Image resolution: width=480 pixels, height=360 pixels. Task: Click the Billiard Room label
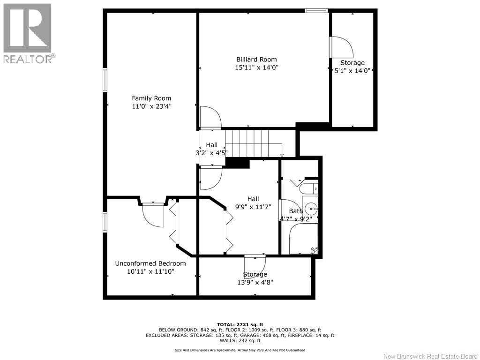pos(256,60)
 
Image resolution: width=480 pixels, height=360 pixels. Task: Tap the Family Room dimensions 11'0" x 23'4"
pos(151,106)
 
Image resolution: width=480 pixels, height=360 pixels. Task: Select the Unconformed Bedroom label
pos(150,263)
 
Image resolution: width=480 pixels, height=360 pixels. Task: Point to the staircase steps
pos(254,142)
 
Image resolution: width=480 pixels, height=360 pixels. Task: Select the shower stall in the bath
pos(303,239)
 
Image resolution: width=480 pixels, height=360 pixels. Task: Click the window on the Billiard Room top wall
pos(316,11)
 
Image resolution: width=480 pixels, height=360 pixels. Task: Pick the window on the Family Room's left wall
pos(105,80)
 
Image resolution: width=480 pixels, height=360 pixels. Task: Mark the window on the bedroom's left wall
pos(105,222)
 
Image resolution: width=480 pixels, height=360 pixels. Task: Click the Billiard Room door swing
pos(210,117)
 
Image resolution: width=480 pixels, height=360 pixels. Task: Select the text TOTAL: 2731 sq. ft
pos(240,324)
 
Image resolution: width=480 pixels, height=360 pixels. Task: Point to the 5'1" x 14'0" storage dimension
pos(352,70)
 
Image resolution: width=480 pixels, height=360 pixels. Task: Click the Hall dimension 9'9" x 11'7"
pos(253,207)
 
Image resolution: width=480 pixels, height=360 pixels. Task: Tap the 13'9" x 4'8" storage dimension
pos(255,282)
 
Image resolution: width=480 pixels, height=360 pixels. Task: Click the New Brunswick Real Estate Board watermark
pos(430,356)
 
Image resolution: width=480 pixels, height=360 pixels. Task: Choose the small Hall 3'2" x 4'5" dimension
pos(212,152)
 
